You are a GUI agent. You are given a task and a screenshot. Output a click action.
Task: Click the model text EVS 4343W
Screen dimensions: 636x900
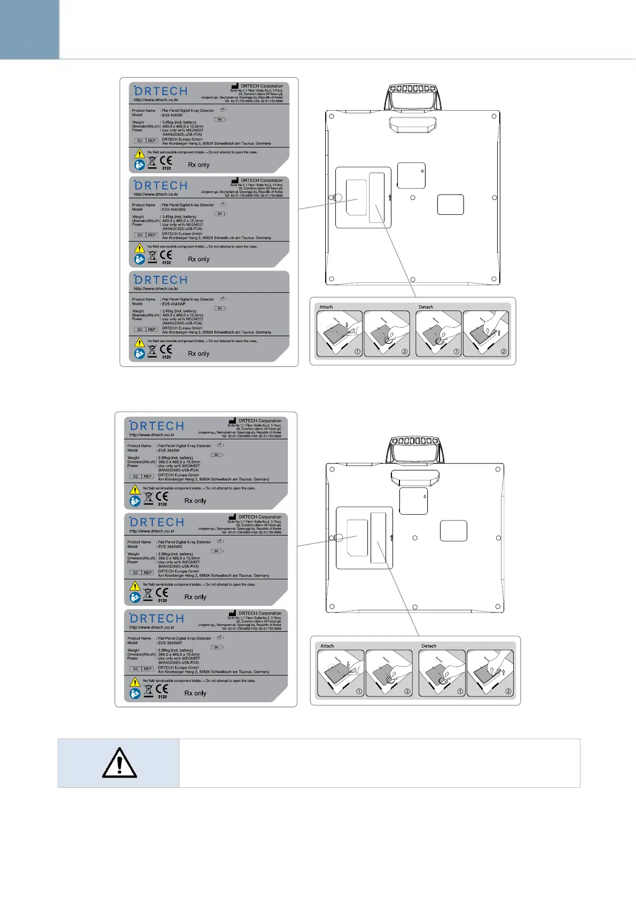tap(172, 115)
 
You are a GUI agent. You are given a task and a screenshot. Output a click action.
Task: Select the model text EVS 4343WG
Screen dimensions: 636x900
tap(174, 210)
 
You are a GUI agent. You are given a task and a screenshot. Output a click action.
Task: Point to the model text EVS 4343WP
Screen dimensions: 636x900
tap(174, 304)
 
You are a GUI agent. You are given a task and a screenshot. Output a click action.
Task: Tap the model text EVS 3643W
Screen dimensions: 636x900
tap(169, 450)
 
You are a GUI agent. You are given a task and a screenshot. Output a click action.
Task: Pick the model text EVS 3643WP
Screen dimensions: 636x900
tap(170, 643)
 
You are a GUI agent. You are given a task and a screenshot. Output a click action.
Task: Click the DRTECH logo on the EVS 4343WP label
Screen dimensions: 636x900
tap(161, 280)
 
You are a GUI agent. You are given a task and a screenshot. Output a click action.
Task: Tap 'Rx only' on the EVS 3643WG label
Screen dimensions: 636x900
tap(195, 597)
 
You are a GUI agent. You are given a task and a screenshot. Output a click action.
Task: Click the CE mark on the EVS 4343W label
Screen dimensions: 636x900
tap(166, 160)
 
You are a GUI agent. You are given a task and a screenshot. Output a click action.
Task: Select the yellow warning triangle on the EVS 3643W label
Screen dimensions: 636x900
tap(135, 489)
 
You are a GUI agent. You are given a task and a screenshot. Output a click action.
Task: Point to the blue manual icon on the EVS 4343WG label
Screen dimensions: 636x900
tap(139, 259)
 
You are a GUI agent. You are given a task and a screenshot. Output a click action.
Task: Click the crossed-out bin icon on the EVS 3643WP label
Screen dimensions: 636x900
tap(148, 692)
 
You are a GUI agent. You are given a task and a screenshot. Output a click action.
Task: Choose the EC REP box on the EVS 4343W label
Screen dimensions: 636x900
tap(146, 141)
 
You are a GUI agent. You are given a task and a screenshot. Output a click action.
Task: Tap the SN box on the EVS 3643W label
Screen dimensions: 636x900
tap(216, 455)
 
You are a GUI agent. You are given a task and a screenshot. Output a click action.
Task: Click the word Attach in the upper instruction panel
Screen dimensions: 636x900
tap(326, 307)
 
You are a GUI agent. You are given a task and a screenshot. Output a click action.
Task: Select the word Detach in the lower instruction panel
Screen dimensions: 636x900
tap(429, 646)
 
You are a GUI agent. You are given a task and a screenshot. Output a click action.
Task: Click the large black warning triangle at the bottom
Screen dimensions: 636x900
tap(119, 763)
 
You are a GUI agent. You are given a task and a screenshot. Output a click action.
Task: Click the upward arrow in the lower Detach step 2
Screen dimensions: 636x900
tap(502, 672)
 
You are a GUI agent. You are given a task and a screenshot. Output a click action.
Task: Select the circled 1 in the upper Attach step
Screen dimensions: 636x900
tap(357, 352)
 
